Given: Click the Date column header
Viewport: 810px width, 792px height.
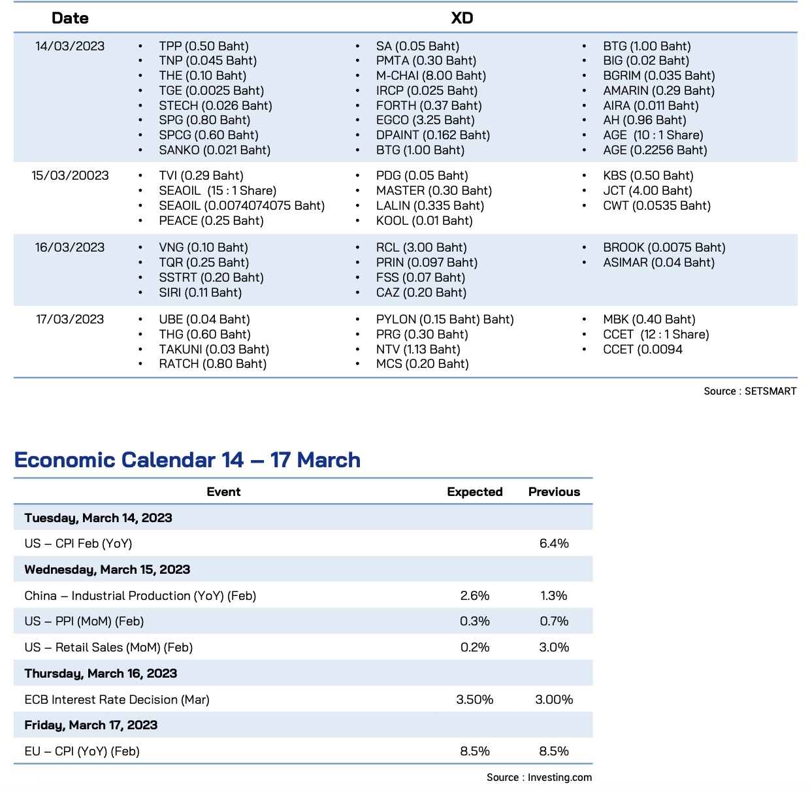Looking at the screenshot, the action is click(x=70, y=18).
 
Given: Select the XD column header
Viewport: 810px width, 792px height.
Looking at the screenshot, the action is click(x=462, y=18).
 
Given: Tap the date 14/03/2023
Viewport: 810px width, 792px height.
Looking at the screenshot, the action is click(x=70, y=46).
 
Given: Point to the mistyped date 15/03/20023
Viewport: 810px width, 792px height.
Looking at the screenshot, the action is click(x=70, y=175).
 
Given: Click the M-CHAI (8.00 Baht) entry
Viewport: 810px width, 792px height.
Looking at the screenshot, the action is click(x=431, y=75).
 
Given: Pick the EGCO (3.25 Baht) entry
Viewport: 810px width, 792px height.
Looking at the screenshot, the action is click(x=425, y=120).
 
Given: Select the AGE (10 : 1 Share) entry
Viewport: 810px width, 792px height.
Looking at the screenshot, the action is click(x=653, y=135).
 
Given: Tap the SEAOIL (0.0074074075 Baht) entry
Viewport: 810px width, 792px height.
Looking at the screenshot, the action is click(x=242, y=205).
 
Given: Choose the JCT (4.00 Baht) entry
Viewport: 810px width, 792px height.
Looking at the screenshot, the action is click(x=647, y=190).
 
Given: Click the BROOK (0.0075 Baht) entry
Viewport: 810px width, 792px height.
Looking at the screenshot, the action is click(x=664, y=248).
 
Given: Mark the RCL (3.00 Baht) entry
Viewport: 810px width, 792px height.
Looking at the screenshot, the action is click(x=421, y=248).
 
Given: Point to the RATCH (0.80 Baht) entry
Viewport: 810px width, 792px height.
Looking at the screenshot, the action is click(x=212, y=363).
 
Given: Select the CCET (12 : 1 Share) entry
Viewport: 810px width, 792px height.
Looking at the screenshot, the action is click(x=656, y=334).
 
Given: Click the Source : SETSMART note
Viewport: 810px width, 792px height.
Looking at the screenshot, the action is click(x=750, y=391).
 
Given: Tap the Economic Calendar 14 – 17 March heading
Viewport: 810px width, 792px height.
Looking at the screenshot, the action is click(x=187, y=459).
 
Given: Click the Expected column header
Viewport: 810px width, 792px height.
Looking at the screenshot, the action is click(x=474, y=491).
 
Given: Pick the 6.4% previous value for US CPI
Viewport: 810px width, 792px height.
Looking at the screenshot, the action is click(x=553, y=543).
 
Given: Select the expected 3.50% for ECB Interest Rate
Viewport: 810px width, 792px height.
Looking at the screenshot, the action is click(x=474, y=699).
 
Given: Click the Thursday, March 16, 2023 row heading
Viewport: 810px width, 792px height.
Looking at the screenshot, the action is click(x=101, y=673).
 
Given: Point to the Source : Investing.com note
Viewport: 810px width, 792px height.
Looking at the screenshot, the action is click(x=539, y=777).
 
